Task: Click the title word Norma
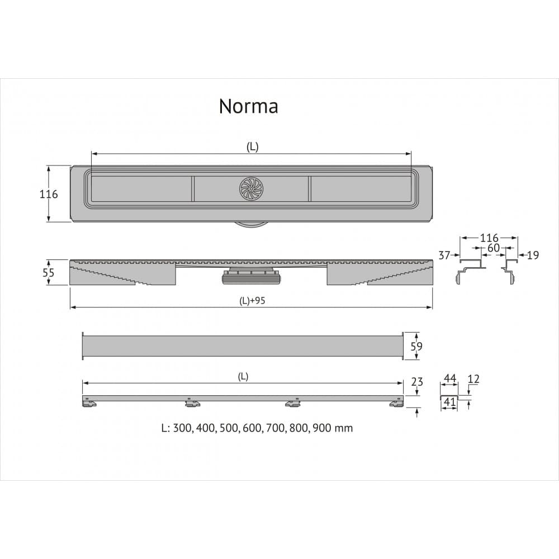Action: (248, 105)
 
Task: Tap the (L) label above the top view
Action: (252, 146)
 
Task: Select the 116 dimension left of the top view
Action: (48, 194)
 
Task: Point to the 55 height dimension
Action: (49, 273)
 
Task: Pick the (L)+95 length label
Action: (252, 301)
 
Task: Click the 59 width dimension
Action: (416, 347)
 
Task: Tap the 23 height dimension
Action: (416, 382)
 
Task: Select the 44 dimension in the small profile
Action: (449, 379)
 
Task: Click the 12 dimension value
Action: (473, 379)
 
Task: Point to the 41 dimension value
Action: (449, 401)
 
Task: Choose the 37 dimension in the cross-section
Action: (444, 255)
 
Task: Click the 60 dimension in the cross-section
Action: (493, 248)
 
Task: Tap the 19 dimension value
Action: (533, 255)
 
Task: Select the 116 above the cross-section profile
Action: (488, 239)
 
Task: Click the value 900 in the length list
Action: (325, 428)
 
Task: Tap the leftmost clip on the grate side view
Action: (88, 402)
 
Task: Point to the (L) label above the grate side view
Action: (243, 376)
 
